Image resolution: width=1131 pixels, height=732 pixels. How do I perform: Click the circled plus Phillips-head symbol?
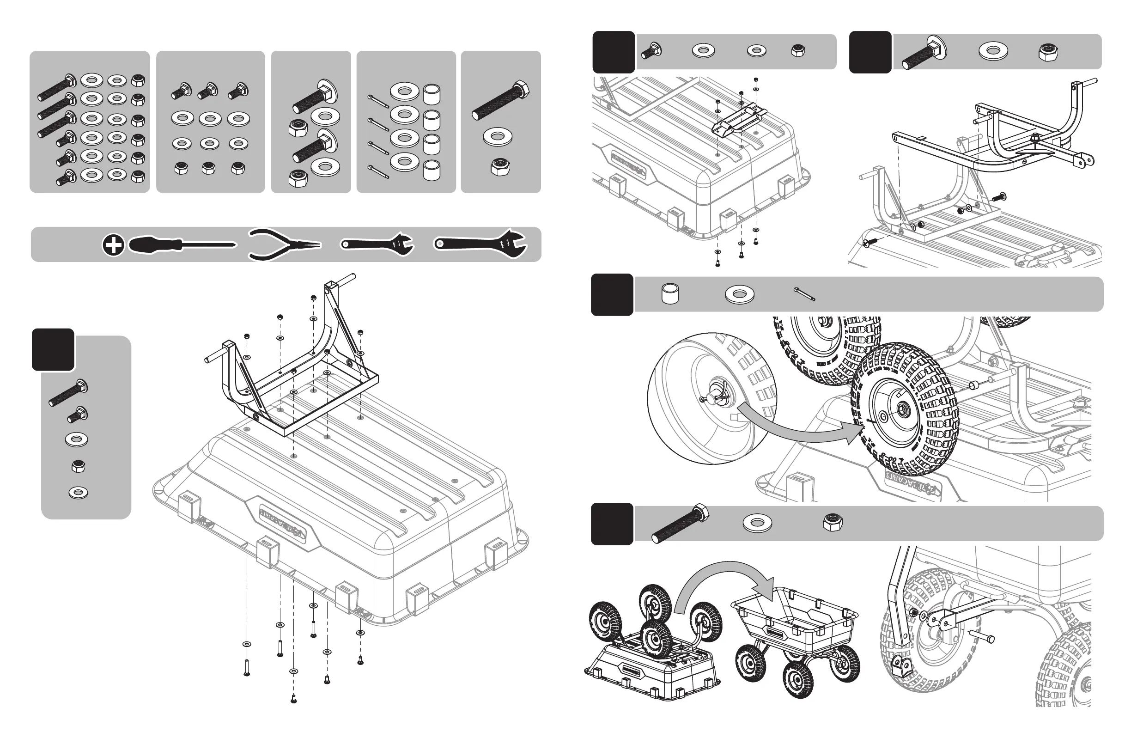(113, 245)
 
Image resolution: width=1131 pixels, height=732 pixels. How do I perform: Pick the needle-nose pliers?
(284, 245)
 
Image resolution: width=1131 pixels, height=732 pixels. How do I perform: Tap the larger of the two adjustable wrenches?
(480, 244)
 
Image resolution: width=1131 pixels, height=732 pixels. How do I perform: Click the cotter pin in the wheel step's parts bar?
(804, 294)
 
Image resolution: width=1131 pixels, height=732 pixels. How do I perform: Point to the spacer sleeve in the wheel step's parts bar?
(670, 294)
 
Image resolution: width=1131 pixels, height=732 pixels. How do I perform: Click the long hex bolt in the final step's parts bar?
(680, 524)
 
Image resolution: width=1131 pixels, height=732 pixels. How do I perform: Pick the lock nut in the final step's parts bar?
(833, 522)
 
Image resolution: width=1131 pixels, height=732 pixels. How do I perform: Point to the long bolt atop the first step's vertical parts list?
(67, 393)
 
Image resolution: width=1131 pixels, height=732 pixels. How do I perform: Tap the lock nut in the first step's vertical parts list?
(78, 466)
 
